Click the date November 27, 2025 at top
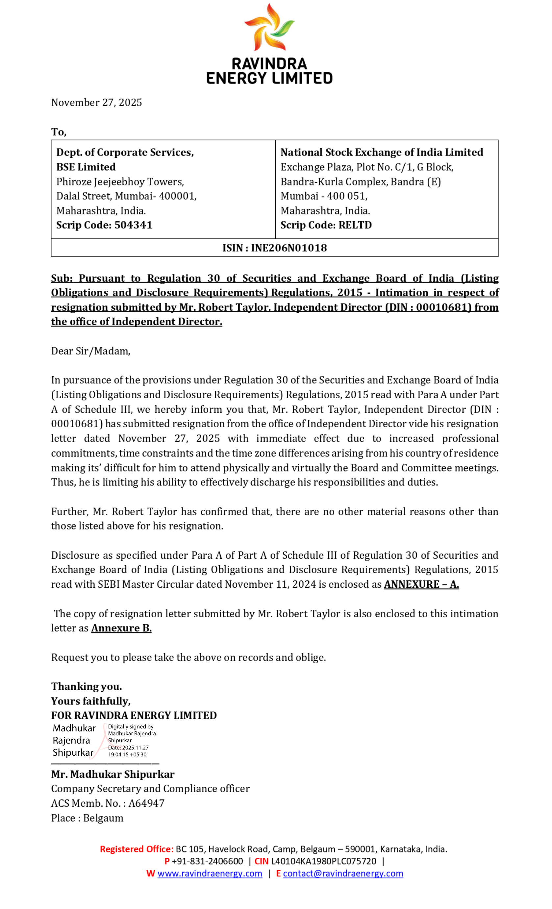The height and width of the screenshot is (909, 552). click(96, 103)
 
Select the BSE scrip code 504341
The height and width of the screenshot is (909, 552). click(133, 225)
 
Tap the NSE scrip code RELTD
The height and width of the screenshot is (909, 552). click(355, 225)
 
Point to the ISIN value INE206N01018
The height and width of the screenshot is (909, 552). click(289, 248)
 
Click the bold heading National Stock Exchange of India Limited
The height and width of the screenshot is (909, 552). click(382, 152)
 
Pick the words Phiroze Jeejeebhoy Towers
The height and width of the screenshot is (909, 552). click(120, 182)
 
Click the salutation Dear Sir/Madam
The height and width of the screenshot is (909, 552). click(90, 351)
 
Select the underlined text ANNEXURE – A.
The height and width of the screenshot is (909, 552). click(421, 584)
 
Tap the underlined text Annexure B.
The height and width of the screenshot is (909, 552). click(121, 628)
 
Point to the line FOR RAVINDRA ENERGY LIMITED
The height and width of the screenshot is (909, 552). click(134, 715)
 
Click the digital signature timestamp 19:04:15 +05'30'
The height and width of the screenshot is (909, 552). click(128, 754)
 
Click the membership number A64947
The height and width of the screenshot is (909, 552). click(146, 803)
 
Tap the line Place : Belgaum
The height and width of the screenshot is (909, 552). click(87, 818)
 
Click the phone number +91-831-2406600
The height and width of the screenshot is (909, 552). click(207, 861)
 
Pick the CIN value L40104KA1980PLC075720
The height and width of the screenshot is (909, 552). click(324, 861)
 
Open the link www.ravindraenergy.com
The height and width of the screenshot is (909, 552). click(210, 873)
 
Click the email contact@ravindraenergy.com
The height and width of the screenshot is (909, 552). click(343, 873)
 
